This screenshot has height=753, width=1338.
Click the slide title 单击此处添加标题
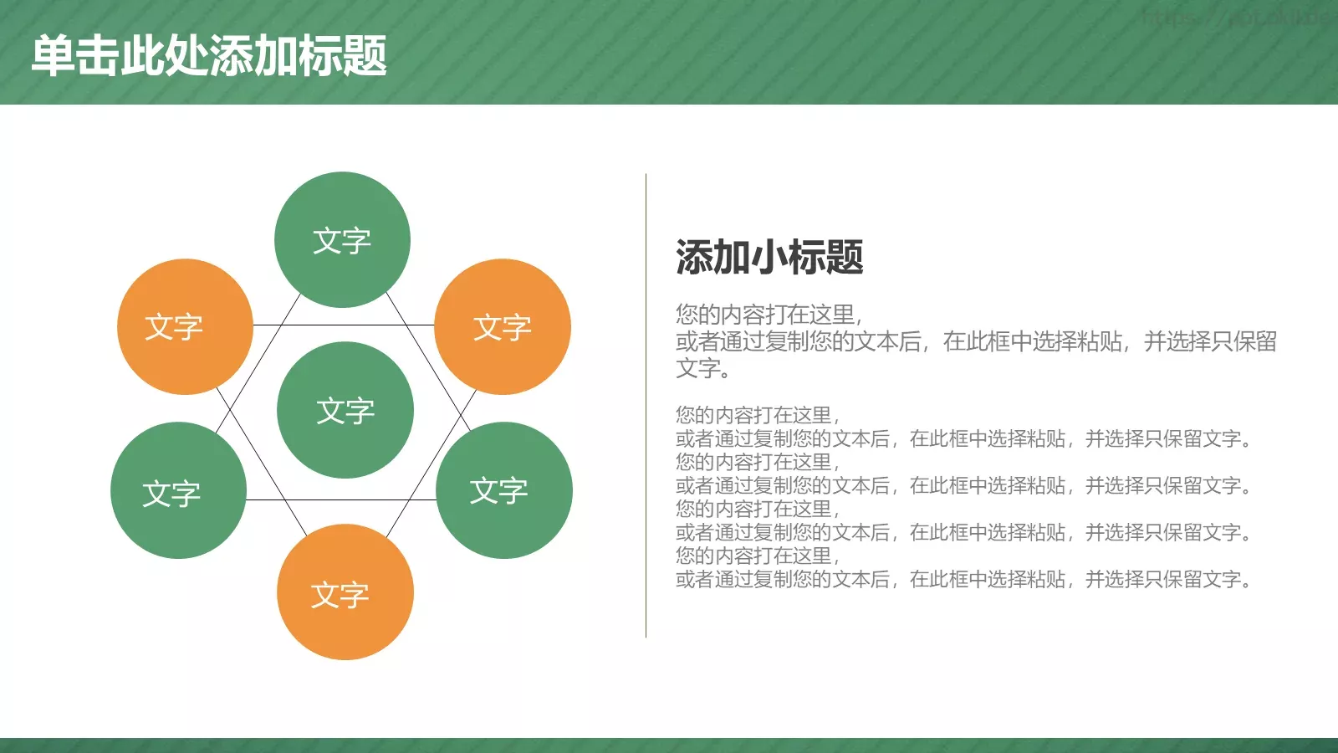click(209, 56)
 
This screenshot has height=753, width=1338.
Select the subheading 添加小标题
click(769, 257)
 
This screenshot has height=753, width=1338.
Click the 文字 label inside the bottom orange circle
click(340, 595)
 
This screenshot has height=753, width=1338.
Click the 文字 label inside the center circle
click(345, 411)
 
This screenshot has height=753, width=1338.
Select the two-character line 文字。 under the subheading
click(702, 368)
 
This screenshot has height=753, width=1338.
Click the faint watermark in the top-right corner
click(1238, 17)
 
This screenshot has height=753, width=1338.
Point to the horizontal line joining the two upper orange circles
click(343, 325)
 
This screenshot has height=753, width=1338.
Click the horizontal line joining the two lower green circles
click(343, 499)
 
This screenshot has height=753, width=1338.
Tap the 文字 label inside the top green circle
click(342, 241)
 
